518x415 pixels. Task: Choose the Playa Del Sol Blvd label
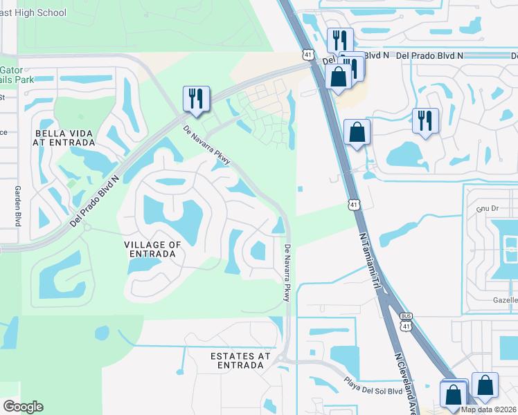pos(374,385)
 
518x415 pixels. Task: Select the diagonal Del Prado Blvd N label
pos(95,201)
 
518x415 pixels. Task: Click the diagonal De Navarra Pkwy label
pos(206,147)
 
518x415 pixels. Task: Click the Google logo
pos(23,407)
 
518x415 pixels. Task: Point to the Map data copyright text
pos(488,409)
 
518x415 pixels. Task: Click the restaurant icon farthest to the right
pos(425,120)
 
